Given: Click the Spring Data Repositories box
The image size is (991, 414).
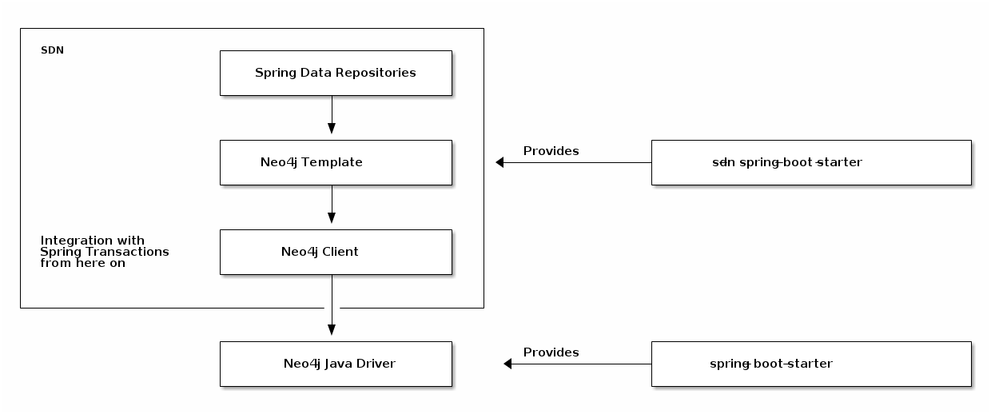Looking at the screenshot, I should point(336,73).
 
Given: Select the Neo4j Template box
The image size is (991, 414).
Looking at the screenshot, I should point(336,162).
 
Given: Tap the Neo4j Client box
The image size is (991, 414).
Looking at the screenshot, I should point(336,252).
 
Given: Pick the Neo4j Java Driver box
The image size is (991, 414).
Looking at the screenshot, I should point(336,364).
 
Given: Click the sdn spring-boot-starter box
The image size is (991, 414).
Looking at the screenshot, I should point(811,162).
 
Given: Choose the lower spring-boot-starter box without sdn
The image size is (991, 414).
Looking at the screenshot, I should point(811,364).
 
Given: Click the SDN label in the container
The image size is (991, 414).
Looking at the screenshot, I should point(52,50).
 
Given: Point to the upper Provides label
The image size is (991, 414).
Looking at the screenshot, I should point(551,151).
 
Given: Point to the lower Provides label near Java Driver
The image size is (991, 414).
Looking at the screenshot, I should point(551,352).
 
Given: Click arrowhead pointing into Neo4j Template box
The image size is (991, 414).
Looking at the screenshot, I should point(332,129).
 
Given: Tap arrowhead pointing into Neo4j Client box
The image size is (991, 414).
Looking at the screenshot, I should point(332,218).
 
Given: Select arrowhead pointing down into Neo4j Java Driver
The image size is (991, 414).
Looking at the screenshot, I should point(332,330).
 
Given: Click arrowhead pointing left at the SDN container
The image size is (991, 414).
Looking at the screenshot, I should point(500,162).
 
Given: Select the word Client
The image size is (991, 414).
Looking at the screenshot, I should point(340,252).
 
